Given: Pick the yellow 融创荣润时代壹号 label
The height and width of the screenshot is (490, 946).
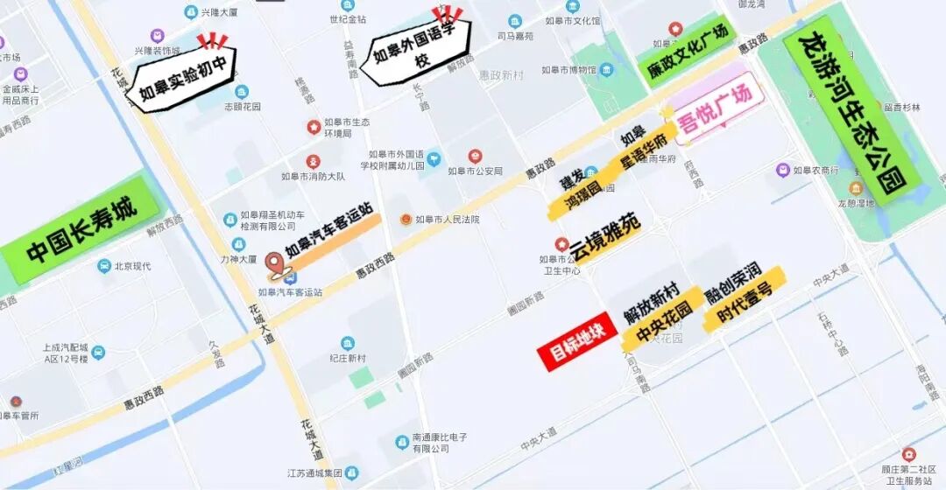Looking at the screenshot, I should (744, 295).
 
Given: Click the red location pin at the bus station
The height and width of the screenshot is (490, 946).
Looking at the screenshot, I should (275, 262).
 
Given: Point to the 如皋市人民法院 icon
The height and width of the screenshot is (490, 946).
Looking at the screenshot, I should (405, 219).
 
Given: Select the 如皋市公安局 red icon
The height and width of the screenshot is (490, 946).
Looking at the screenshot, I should (475, 156).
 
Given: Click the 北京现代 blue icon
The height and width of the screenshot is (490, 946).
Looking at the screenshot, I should (104, 266).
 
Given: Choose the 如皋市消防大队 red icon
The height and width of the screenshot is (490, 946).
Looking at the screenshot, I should (313, 162).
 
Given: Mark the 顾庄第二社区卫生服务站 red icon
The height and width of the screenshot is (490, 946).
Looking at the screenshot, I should (908, 454).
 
